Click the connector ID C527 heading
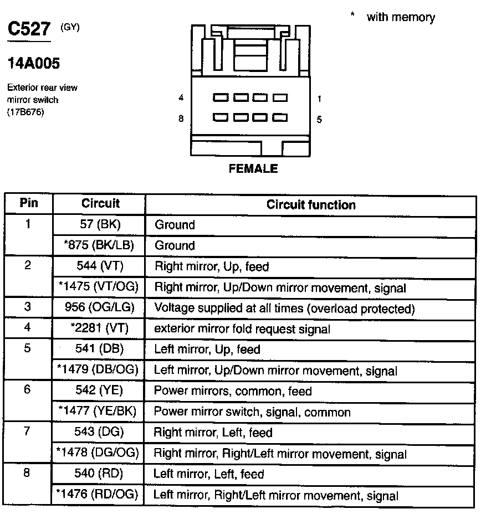(x=28, y=29)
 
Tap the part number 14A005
(x=33, y=64)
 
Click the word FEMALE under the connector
(x=253, y=169)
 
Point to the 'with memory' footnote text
(x=400, y=17)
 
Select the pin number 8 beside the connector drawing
(x=181, y=119)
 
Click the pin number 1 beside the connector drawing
(x=320, y=99)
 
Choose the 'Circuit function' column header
(x=311, y=205)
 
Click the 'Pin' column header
(x=29, y=203)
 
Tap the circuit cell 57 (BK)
(x=100, y=225)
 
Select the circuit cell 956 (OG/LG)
(x=100, y=308)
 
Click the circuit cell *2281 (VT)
(x=100, y=328)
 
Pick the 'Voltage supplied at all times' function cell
(x=284, y=308)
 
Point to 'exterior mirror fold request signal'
(x=242, y=329)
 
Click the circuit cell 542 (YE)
(x=100, y=391)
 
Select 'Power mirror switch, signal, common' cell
(x=252, y=412)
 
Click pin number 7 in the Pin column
(x=28, y=431)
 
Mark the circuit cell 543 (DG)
(x=100, y=433)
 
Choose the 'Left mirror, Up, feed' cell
(x=207, y=349)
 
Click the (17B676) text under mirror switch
(x=25, y=112)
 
